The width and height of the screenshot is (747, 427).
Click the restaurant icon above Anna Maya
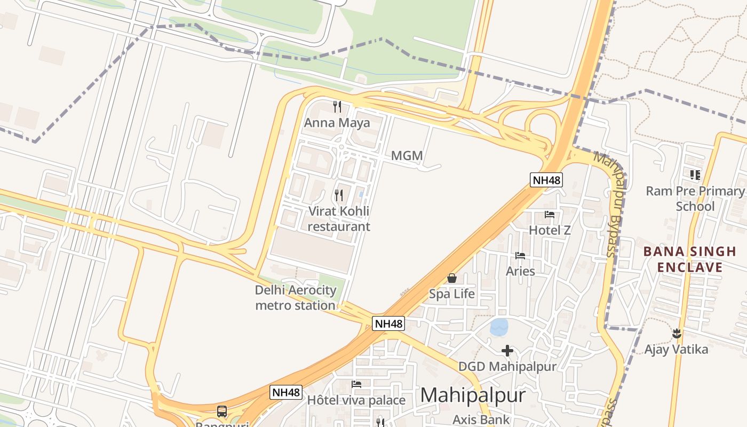(x=337, y=107)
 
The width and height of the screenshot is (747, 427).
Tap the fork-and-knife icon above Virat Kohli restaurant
(x=338, y=195)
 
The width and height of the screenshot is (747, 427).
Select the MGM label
(x=407, y=156)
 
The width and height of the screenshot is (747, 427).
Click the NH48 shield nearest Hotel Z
(x=546, y=180)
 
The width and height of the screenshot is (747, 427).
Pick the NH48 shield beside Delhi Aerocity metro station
(x=388, y=323)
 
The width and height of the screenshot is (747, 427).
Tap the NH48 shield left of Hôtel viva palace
(x=286, y=392)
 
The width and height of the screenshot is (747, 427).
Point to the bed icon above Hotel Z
(x=550, y=215)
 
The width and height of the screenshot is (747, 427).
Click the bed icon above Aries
(x=520, y=256)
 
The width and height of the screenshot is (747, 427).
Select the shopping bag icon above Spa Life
(x=452, y=278)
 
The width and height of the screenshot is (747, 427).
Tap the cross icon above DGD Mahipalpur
(x=507, y=351)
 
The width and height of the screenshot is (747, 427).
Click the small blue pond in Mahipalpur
(x=499, y=327)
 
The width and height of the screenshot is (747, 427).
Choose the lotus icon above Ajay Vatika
(x=677, y=334)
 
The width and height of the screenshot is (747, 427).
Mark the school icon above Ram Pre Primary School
(x=695, y=175)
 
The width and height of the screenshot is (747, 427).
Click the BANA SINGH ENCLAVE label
(x=690, y=259)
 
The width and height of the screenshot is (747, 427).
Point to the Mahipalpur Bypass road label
(x=610, y=203)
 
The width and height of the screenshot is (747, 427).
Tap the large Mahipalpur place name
(x=473, y=396)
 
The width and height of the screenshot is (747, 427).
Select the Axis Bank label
(x=481, y=420)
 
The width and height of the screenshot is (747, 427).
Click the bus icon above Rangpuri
(x=221, y=412)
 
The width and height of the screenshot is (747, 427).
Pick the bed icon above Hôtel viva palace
(x=356, y=384)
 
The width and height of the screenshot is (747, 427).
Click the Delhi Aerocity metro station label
(x=296, y=298)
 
